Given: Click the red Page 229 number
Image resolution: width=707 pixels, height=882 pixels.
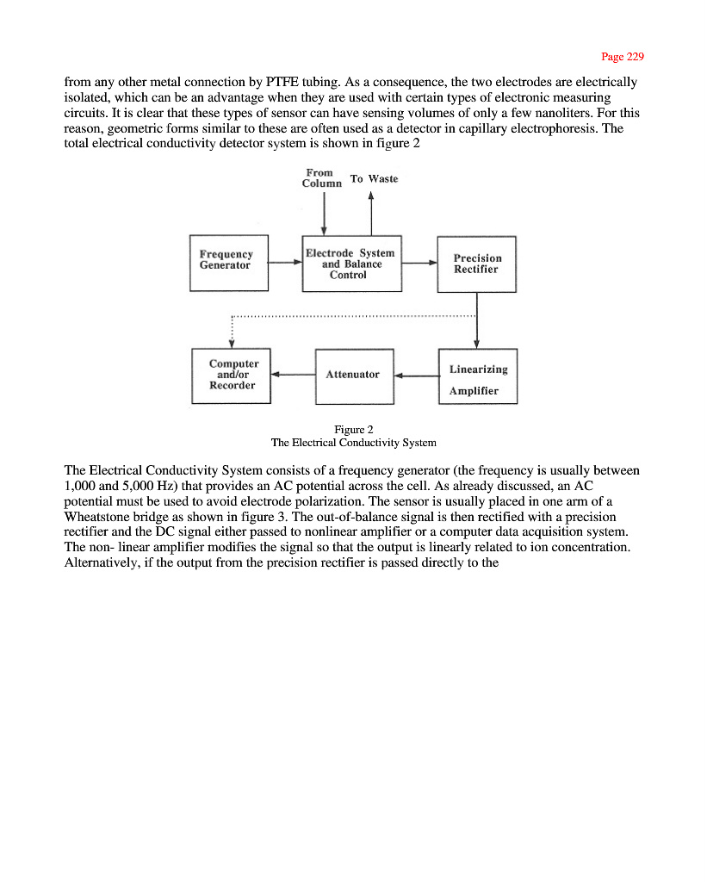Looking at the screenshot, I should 623,57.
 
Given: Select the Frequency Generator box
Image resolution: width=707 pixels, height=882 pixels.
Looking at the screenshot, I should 229,262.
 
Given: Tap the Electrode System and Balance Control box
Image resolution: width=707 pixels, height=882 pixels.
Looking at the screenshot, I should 351,264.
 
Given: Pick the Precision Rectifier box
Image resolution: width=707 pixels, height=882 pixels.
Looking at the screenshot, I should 476,264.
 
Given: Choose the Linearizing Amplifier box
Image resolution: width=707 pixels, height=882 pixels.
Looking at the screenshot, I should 478,376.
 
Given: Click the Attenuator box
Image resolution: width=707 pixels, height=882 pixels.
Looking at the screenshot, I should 354,375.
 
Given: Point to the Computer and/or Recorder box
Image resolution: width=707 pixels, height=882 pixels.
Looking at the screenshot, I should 231,375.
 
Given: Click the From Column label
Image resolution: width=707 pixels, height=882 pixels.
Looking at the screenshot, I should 322,178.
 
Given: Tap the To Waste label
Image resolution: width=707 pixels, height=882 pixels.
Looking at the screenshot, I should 374,179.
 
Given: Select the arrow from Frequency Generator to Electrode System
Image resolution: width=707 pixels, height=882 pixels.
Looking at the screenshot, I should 285,264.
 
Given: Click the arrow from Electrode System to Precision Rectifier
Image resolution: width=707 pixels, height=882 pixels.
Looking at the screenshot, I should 419,264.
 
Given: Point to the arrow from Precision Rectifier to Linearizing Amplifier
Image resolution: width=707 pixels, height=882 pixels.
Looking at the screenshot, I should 477,320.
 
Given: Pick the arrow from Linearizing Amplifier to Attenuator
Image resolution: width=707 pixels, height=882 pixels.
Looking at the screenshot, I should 416,376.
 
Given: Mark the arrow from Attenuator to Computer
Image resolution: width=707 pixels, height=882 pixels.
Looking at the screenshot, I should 293,375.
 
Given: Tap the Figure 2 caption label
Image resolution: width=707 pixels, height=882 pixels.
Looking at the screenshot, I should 353,429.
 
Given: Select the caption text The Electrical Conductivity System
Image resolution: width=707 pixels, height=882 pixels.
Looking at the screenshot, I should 353,443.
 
